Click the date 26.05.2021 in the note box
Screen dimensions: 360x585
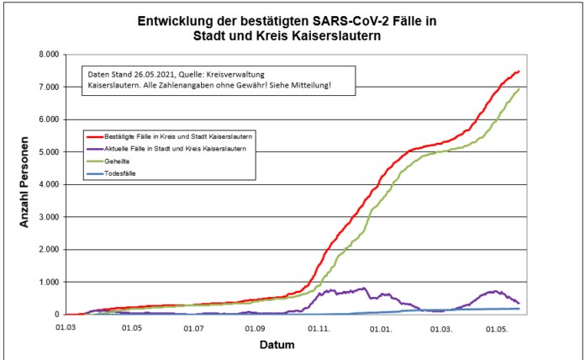pyautogui.click(x=159, y=72)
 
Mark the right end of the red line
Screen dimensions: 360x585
pyautogui.click(x=519, y=71)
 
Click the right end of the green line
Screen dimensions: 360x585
pyautogui.click(x=519, y=88)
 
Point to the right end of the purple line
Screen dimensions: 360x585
pyautogui.click(x=519, y=304)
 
